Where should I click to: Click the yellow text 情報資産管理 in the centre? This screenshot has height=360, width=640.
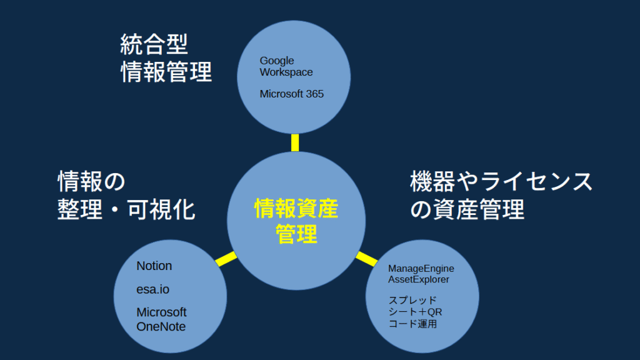(x=296, y=221)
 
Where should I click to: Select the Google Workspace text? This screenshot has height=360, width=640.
(x=286, y=66)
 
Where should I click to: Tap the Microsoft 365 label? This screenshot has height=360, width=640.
(x=292, y=94)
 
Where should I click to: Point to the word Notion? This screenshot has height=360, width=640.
(x=154, y=266)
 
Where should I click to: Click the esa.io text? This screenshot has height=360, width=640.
(x=152, y=289)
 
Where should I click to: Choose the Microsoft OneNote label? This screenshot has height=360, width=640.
(x=161, y=319)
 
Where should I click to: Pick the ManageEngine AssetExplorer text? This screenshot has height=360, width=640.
(x=421, y=274)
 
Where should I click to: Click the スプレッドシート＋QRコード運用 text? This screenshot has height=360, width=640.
(x=415, y=312)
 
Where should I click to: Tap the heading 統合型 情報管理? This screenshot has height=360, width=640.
(x=166, y=58)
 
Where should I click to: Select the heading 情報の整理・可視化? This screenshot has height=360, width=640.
(x=126, y=195)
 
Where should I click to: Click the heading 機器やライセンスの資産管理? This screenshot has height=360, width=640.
(x=501, y=195)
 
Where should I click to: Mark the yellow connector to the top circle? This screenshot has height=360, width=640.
(x=295, y=143)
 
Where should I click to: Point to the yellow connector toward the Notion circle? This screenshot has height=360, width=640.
(x=226, y=259)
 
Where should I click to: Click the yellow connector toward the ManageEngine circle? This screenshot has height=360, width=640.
(x=366, y=259)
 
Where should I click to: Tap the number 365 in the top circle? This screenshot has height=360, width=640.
(x=315, y=94)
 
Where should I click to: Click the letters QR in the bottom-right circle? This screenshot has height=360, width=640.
(x=435, y=312)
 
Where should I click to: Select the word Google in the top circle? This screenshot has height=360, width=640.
(x=277, y=61)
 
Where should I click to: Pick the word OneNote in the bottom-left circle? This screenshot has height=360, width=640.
(x=161, y=326)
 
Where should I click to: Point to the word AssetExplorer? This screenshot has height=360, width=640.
(x=418, y=279)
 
